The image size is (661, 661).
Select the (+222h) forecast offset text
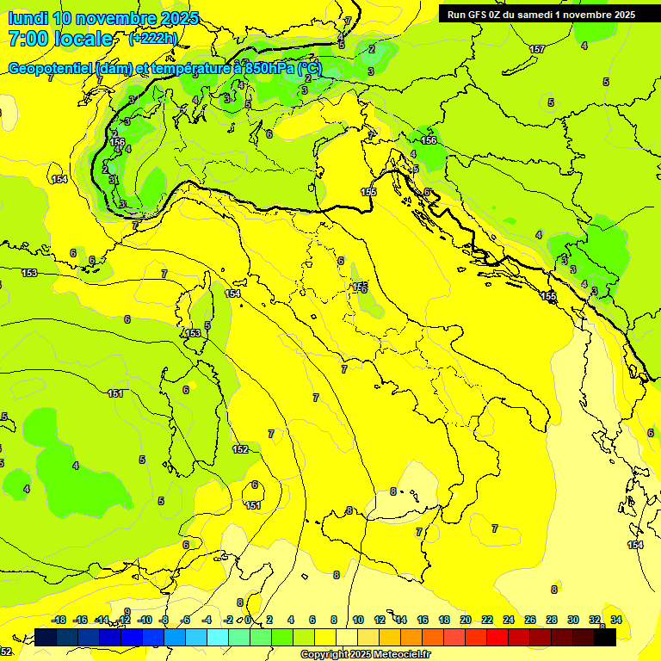[x=152, y=39]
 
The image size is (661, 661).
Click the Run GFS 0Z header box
[x=541, y=14]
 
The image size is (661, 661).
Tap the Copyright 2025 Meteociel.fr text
[x=364, y=655]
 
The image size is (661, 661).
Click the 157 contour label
[x=537, y=49]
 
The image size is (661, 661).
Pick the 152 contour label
[x=241, y=449]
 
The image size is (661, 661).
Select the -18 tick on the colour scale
[x=59, y=620]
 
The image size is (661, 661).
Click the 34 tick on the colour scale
[x=616, y=620]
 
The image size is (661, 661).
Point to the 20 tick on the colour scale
[x=465, y=620]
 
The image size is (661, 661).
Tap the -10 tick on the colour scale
[x=145, y=620]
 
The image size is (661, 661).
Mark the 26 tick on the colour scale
[x=530, y=620]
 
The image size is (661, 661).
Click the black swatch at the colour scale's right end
[x=605, y=637]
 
